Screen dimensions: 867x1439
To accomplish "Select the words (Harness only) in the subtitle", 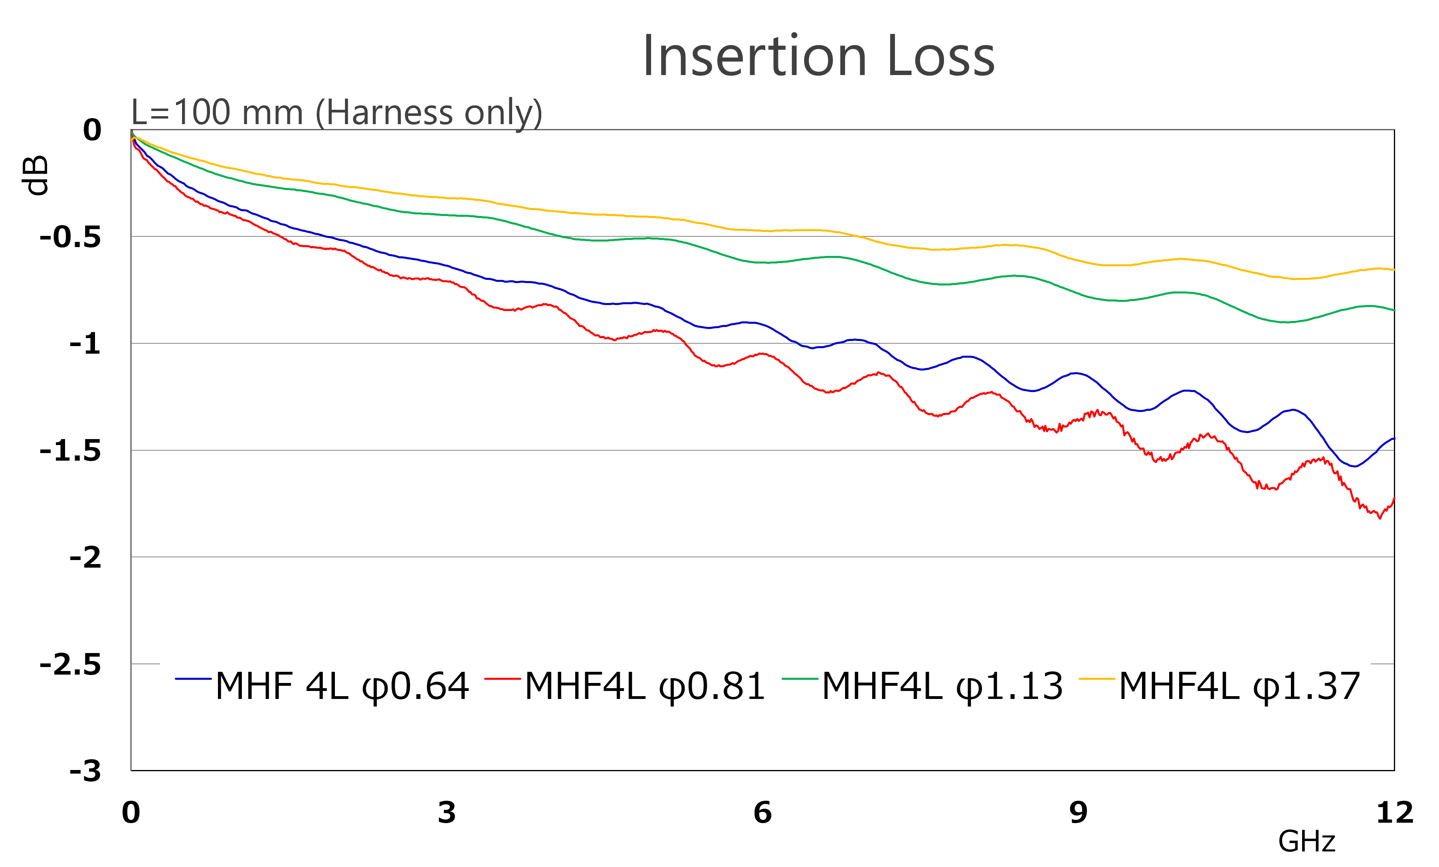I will [x=429, y=112].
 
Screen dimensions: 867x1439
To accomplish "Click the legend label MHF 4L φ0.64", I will [x=342, y=686].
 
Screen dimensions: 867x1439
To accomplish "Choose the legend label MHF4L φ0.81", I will [x=645, y=686].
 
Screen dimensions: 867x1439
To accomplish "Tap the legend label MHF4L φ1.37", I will [x=1239, y=686].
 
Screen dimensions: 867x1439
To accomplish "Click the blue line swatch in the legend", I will [x=193, y=679].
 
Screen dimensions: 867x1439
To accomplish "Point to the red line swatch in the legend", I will [x=502, y=679].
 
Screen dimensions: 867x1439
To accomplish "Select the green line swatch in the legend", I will [x=800, y=679].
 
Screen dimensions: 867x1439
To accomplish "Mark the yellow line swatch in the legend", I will [x=1097, y=679].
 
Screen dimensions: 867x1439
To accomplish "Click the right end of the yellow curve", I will [x=1393, y=270].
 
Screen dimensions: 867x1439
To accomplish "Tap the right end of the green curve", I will [x=1393, y=311].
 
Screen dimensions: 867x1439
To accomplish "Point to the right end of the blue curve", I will [x=1393, y=438].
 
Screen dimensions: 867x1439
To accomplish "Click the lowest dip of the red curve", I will [x=1380, y=517].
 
